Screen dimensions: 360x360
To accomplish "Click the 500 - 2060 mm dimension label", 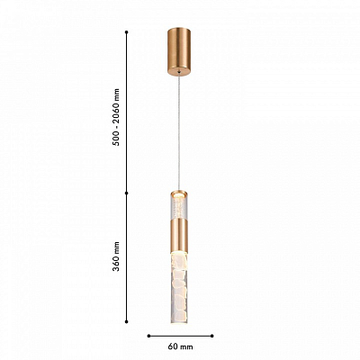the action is (x=116, y=117).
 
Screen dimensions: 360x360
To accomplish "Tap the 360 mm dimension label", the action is (x=116, y=256).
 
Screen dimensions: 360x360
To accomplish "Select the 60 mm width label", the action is (x=180, y=347).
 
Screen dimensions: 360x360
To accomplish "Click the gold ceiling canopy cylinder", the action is (x=179, y=51).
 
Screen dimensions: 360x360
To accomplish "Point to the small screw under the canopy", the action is (x=179, y=72).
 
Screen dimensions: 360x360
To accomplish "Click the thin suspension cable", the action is (x=179, y=132).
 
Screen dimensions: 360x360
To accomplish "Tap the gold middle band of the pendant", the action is (x=179, y=235).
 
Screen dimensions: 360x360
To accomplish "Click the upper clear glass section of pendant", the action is (x=179, y=208).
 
